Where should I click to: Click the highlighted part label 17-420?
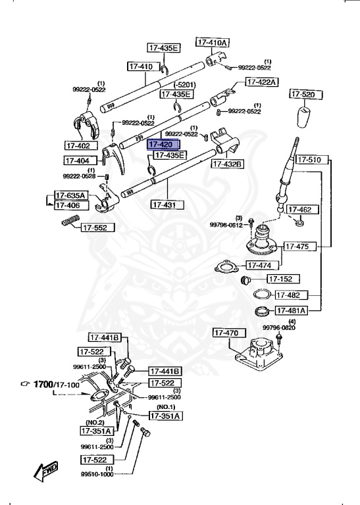[160, 145]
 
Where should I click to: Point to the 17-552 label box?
[98, 228]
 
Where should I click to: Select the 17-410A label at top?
[213, 42]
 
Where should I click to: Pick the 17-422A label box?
[262, 82]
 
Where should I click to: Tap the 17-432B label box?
[227, 164]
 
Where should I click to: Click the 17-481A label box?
[290, 310]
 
